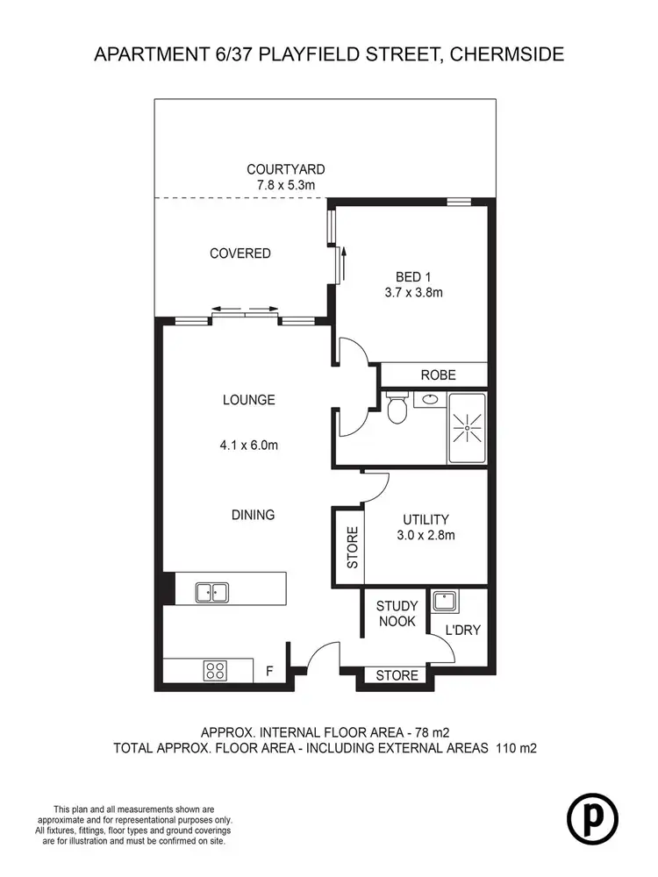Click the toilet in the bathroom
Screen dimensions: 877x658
tap(397, 409)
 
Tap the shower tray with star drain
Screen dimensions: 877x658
tap(467, 427)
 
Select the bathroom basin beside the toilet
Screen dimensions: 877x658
tap(429, 399)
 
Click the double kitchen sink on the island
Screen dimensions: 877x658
tap(211, 592)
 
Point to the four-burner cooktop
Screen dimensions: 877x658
tap(216, 671)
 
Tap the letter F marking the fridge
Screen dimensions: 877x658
tap(270, 673)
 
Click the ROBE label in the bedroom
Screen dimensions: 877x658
tap(438, 374)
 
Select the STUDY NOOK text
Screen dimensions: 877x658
tap(397, 613)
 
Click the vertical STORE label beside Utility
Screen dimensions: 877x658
tap(352, 547)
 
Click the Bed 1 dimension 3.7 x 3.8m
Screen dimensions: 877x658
tap(412, 293)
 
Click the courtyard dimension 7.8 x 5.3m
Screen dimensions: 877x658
tap(285, 185)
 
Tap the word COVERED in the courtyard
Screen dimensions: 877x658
tap(240, 253)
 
